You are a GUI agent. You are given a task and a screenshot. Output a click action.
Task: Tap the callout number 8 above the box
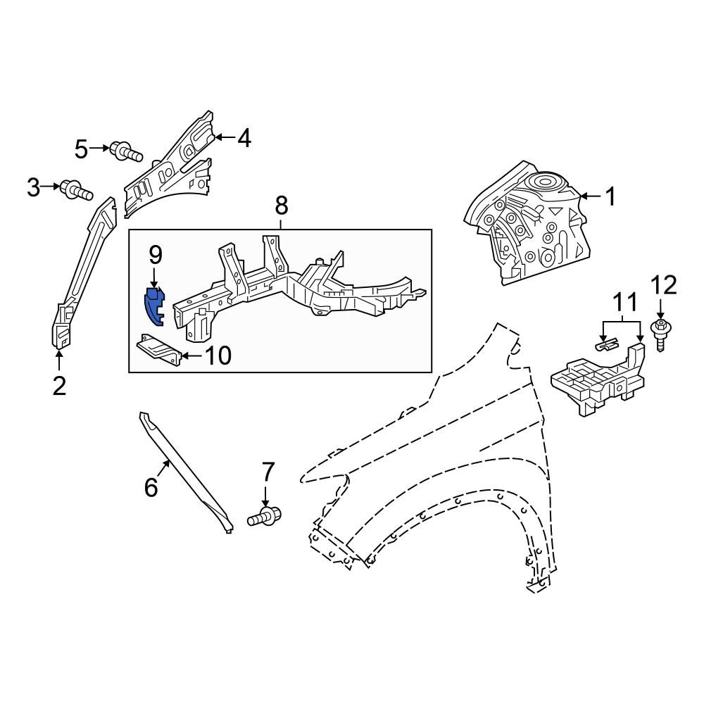[281, 206]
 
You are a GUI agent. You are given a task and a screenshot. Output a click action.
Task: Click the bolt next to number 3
[76, 189]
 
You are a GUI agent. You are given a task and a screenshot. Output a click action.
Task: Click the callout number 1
[610, 196]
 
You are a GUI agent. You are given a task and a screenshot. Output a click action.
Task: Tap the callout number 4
[244, 138]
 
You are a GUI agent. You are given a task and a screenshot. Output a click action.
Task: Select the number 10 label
[218, 356]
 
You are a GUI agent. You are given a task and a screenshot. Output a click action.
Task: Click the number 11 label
[625, 303]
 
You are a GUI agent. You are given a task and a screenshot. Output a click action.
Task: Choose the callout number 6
[151, 487]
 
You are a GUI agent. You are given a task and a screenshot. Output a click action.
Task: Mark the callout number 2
[59, 386]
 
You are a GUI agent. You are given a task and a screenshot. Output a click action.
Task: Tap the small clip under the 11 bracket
[606, 345]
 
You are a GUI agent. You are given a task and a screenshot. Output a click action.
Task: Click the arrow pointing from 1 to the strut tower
[591, 196]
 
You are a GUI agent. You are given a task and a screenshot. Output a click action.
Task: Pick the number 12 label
[664, 286]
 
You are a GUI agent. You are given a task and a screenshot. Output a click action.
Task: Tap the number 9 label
[155, 256]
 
